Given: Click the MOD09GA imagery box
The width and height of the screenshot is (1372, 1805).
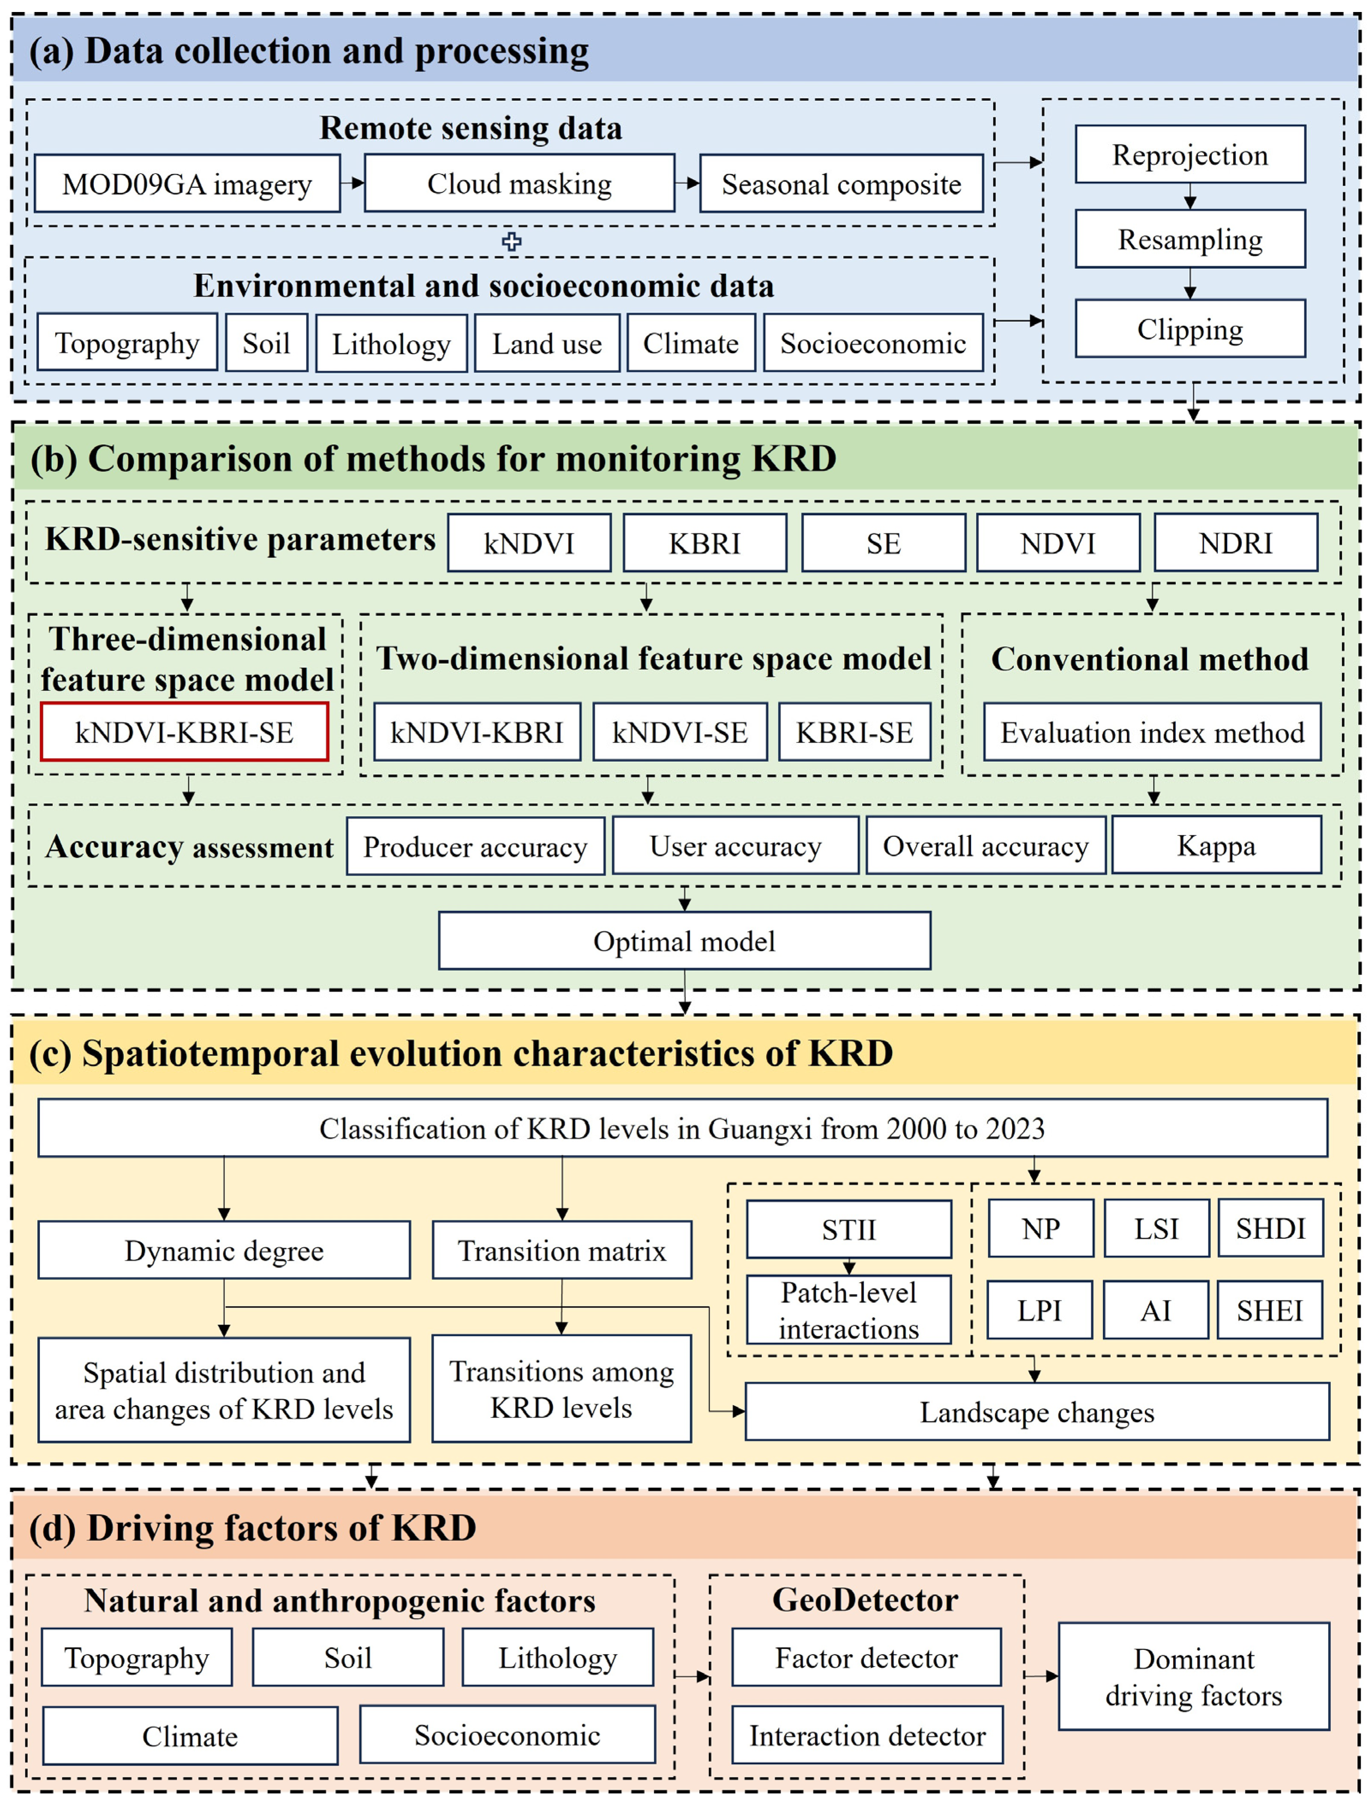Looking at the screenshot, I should click(187, 184).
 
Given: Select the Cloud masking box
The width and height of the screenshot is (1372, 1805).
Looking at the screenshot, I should click(519, 184).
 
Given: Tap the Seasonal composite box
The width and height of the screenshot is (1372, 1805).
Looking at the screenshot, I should click(841, 184).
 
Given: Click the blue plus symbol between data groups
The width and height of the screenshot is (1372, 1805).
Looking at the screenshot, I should click(511, 241).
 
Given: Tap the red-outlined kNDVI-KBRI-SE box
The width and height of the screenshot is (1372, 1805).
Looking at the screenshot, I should click(185, 732).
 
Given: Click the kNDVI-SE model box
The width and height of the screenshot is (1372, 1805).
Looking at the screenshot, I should click(680, 732).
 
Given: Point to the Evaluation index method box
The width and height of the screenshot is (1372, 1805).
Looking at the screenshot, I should click(1151, 732).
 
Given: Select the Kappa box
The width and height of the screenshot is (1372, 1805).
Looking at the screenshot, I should click(1216, 845).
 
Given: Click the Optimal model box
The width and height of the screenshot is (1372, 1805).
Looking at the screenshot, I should click(684, 941).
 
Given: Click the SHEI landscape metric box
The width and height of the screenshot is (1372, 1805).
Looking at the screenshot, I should click(1269, 1310).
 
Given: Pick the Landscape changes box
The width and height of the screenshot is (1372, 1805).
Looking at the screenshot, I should click(1036, 1412).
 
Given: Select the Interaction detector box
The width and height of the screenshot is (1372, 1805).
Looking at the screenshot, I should click(866, 1735).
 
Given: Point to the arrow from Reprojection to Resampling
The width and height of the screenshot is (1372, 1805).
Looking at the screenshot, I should click(1190, 197).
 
